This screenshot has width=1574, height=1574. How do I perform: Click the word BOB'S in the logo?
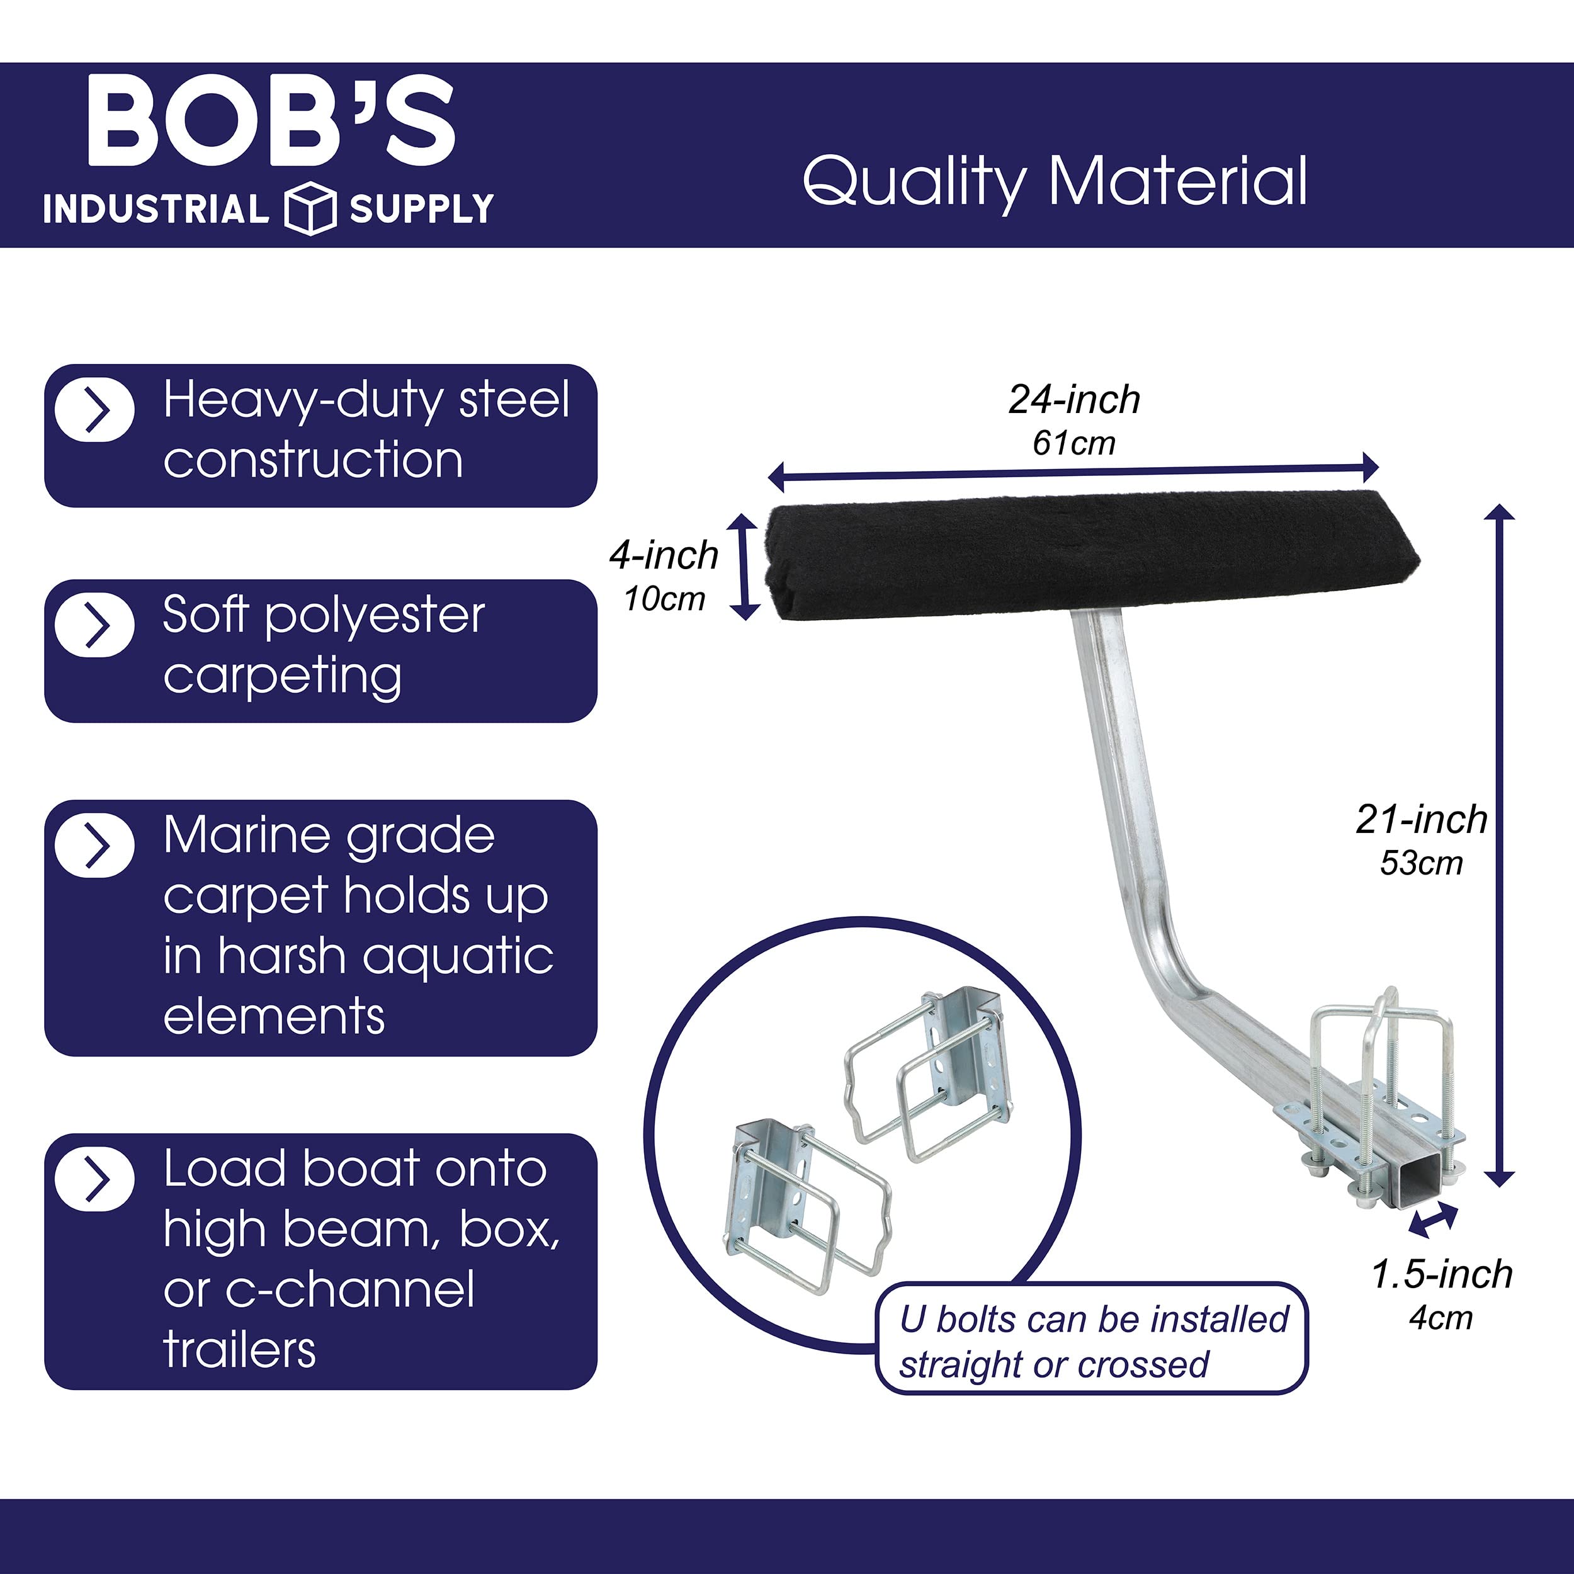pyautogui.click(x=271, y=121)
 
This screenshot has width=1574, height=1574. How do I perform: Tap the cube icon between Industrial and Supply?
pyautogui.click(x=310, y=208)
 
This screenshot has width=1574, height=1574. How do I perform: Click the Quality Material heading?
pyautogui.click(x=1055, y=181)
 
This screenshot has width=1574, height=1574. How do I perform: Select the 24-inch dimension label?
pyautogui.click(x=1073, y=399)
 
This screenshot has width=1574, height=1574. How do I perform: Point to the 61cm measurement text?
pyautogui.click(x=1073, y=443)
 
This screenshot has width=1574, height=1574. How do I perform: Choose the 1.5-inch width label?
pyautogui.click(x=1441, y=1274)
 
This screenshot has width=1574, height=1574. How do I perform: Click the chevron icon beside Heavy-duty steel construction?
pyautogui.click(x=95, y=410)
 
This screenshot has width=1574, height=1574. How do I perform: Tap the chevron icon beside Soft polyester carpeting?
pyautogui.click(x=95, y=626)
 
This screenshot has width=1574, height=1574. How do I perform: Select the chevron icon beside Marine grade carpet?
pyautogui.click(x=95, y=846)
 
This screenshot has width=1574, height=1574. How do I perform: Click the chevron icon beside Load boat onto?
pyautogui.click(x=95, y=1180)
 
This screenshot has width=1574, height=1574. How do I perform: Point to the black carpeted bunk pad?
pyautogui.click(x=1092, y=556)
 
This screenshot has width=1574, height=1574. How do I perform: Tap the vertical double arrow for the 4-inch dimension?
pyautogui.click(x=744, y=566)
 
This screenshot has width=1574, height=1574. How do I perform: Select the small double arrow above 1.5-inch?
pyautogui.click(x=1432, y=1220)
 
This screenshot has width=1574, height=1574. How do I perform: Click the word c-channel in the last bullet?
pyautogui.click(x=349, y=1289)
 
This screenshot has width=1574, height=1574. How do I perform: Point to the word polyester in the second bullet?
pyautogui.click(x=375, y=616)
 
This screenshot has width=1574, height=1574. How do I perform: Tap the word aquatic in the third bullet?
pyautogui.click(x=458, y=956)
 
